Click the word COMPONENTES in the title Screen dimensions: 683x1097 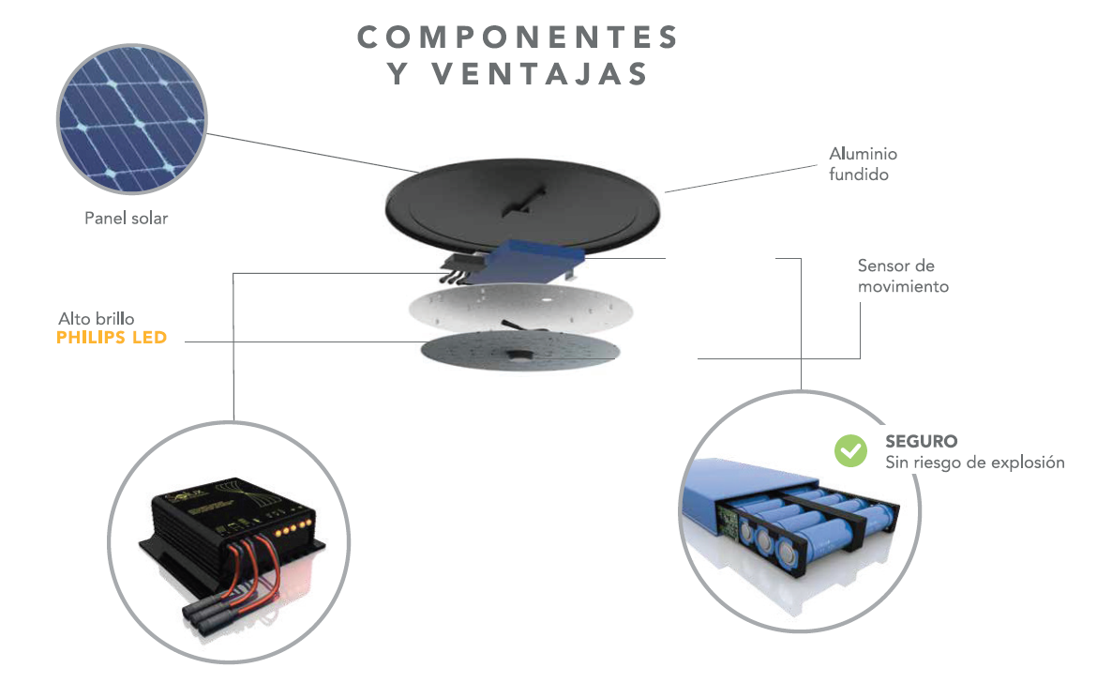[518, 38]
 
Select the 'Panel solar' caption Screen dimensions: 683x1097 [127, 219]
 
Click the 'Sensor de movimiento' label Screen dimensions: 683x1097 [902, 276]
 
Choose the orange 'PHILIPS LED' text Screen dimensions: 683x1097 [112, 337]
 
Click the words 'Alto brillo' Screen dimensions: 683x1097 [96, 319]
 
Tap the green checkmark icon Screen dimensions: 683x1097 [850, 450]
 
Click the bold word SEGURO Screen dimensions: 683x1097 [921, 441]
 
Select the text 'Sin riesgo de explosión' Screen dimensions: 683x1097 [974, 463]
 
